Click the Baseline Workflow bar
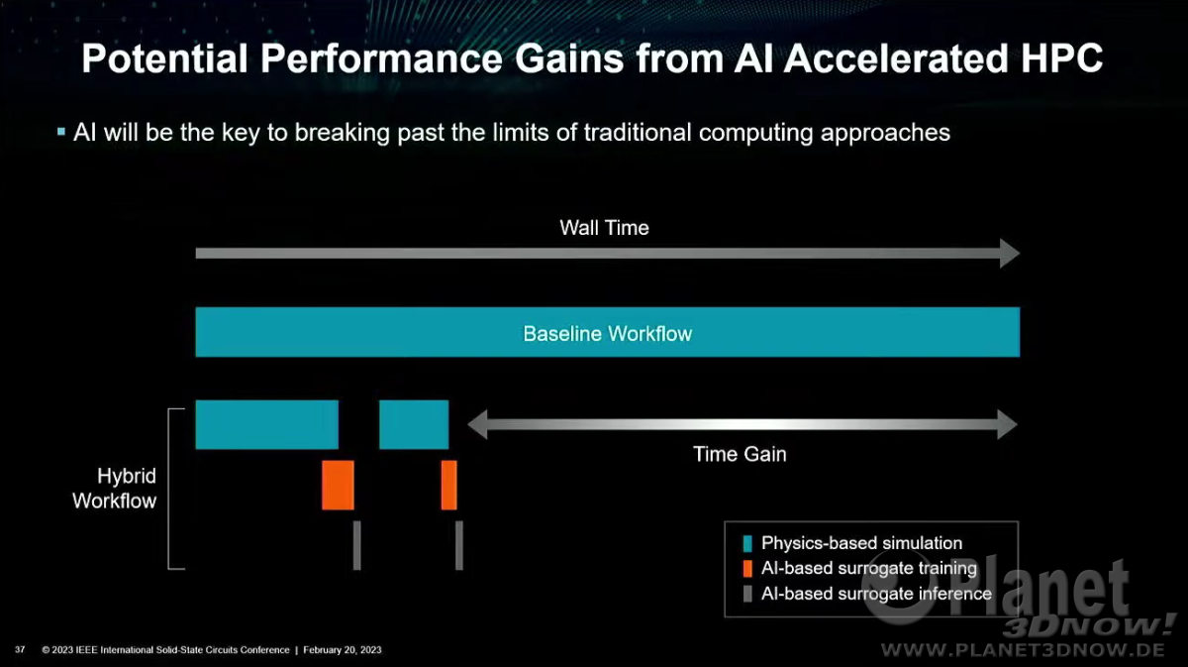click(607, 332)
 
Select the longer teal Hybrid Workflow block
click(266, 424)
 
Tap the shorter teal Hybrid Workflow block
click(414, 424)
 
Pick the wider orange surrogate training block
click(338, 485)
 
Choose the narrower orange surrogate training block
click(448, 485)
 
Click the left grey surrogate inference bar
click(357, 545)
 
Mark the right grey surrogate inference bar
click(459, 545)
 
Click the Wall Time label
click(604, 228)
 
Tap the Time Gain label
click(740, 454)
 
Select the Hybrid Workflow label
click(115, 488)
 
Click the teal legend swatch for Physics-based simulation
click(747, 543)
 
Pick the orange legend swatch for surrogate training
click(747, 568)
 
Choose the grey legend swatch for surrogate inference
click(747, 594)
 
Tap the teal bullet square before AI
click(61, 131)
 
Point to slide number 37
click(20, 649)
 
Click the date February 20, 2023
click(343, 650)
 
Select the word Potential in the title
click(165, 57)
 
